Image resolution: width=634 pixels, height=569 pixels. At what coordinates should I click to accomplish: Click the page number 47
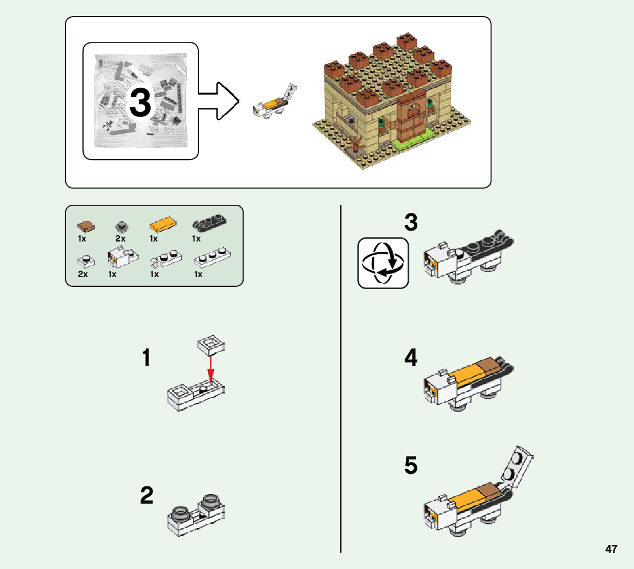pyautogui.click(x=611, y=549)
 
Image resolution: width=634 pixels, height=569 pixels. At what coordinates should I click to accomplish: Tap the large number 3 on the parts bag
pyautogui.click(x=140, y=102)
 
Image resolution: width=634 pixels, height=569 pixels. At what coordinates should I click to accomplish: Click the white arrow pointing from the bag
pyautogui.click(x=218, y=101)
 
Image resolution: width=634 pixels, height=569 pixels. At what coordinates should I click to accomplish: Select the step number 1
pyautogui.click(x=146, y=358)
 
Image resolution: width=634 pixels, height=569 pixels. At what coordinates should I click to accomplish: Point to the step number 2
pyautogui.click(x=147, y=495)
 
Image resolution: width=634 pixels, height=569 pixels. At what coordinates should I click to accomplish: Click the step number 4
pyautogui.click(x=411, y=357)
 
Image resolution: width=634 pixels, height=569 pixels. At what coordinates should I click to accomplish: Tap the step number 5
pyautogui.click(x=411, y=465)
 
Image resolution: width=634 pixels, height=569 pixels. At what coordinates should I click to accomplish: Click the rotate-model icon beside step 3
pyautogui.click(x=383, y=263)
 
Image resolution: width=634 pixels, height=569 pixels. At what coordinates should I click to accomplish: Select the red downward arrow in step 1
pyautogui.click(x=210, y=369)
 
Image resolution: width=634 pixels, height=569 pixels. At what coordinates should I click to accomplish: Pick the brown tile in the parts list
pyautogui.click(x=86, y=226)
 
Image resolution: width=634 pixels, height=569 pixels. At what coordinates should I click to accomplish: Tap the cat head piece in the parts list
pyautogui.click(x=123, y=258)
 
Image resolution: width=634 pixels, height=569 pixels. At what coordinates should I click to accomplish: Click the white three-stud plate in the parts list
pyautogui.click(x=213, y=258)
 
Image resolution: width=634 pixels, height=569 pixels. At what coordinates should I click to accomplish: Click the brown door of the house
pyautogui.click(x=411, y=114)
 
